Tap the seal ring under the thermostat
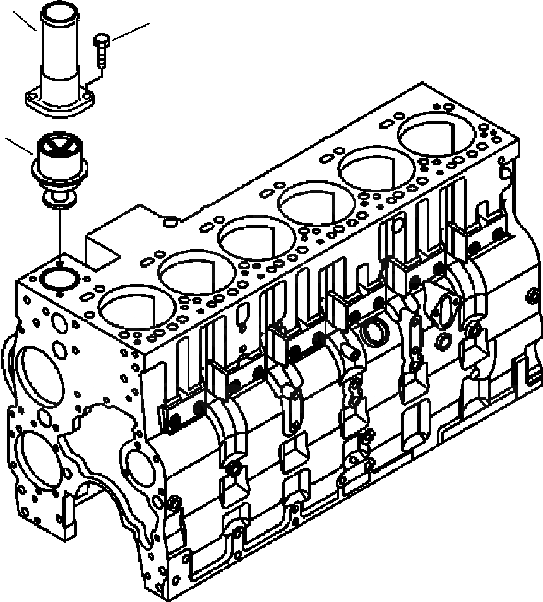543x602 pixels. [x=57, y=200]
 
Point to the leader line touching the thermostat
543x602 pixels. [x=18, y=146]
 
